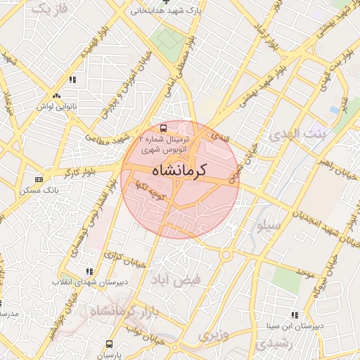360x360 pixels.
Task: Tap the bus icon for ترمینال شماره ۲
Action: point(163,129)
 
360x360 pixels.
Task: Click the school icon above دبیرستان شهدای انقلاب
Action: point(89,271)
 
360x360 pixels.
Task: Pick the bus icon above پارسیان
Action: point(109,344)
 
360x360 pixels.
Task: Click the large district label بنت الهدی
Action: point(299,134)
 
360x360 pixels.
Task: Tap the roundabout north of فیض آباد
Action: point(226,256)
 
